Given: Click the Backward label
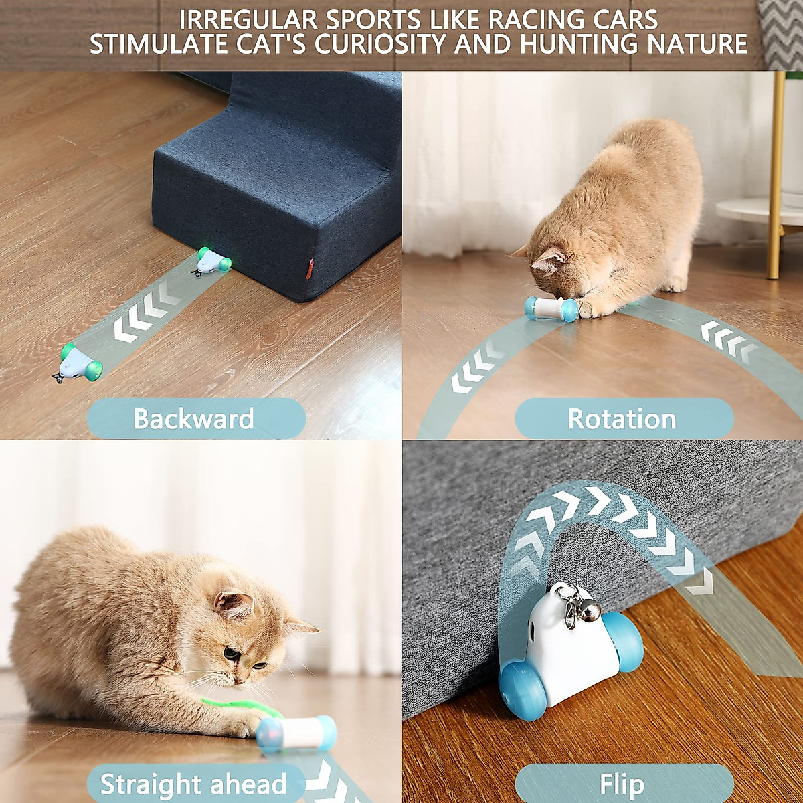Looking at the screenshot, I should [194, 419].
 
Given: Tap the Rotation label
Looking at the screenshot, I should [622, 419].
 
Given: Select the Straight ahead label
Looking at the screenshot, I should [193, 784].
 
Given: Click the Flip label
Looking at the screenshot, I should [622, 784].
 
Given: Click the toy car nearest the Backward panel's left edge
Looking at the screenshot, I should [79, 363].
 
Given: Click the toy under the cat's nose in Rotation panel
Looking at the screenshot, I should [550, 308].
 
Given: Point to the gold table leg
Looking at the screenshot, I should [776, 174].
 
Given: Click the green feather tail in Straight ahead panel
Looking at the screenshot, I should [234, 706].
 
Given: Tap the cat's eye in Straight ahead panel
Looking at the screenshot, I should [231, 652].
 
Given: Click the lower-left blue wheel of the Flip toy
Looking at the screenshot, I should [523, 691].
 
